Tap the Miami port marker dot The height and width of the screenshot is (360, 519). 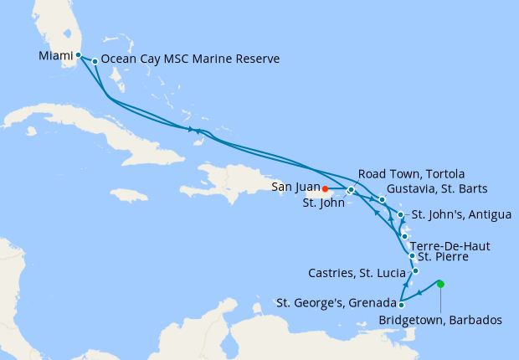[x=78, y=55]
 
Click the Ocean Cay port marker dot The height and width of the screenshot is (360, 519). [x=95, y=60]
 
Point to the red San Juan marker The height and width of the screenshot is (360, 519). [x=325, y=188]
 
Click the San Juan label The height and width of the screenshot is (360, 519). [x=295, y=188]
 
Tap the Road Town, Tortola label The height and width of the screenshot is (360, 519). [x=398, y=173]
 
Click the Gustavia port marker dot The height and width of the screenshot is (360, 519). [x=382, y=199]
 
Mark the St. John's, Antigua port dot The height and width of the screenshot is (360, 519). [x=401, y=215]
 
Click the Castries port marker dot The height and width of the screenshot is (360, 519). [x=415, y=270]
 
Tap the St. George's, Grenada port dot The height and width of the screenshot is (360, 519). [x=401, y=305]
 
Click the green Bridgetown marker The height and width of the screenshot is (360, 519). [x=440, y=284]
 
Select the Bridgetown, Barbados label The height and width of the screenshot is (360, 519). [x=440, y=320]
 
